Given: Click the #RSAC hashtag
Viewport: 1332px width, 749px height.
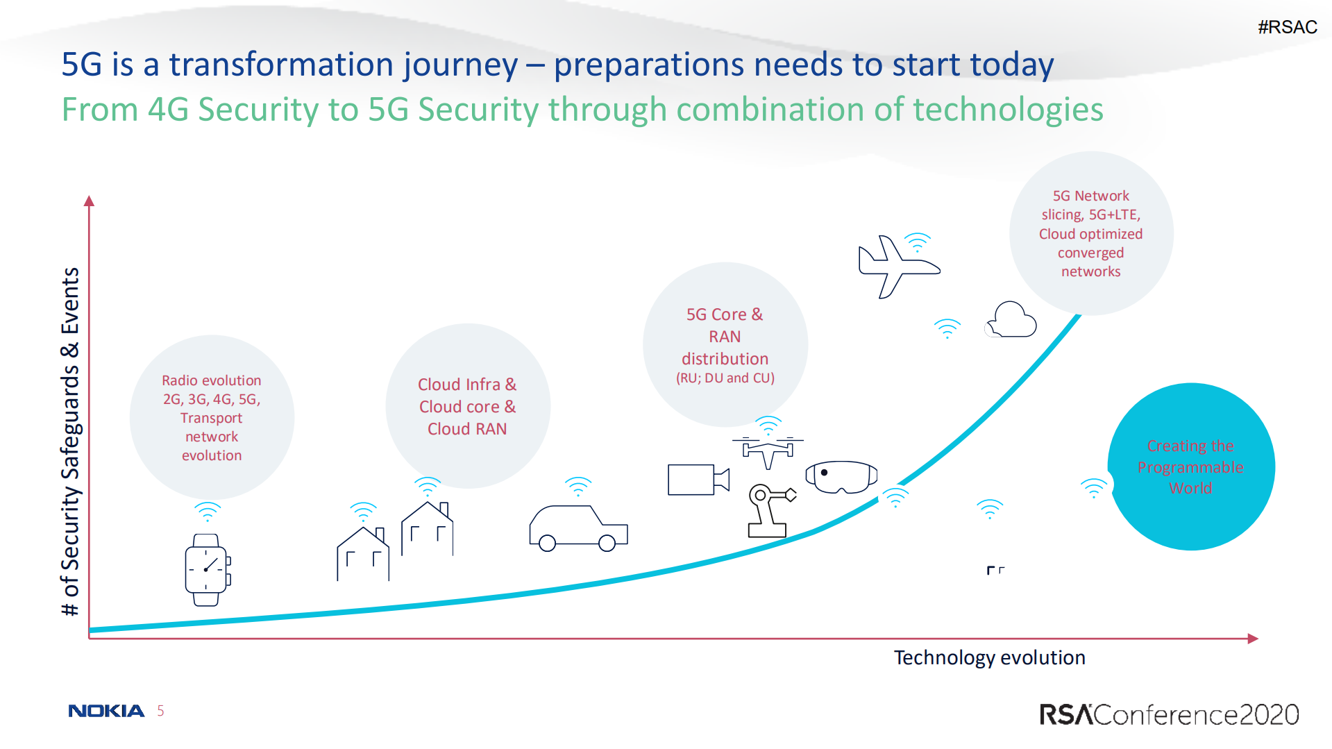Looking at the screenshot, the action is coord(1287,27).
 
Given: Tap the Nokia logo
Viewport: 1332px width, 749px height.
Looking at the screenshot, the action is coord(106,711).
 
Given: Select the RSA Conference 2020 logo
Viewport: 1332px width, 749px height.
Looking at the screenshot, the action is coord(1169,714).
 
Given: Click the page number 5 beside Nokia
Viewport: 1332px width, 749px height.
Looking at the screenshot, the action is coord(160,711).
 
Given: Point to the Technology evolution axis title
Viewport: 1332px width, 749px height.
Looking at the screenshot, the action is coord(989,657).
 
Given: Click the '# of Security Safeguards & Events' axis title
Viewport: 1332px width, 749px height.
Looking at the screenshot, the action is coord(71,441).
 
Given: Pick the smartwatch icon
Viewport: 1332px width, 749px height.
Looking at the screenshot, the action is coord(208,570).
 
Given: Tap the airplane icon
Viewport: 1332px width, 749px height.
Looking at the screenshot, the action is coord(899,267).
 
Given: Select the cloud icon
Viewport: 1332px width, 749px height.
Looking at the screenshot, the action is coord(1011,319).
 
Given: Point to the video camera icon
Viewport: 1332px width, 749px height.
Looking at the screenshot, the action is coord(698,480).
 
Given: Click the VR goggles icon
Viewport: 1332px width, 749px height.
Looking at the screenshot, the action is coord(841,477).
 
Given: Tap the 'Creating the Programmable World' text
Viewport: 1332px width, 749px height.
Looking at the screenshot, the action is coord(1190,466).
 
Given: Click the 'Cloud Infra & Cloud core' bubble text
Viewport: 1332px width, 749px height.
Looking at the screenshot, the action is coord(467,395).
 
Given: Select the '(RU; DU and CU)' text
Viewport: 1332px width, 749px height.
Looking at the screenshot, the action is coord(725,378).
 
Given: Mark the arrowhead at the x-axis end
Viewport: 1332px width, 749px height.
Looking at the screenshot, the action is coord(1253,639).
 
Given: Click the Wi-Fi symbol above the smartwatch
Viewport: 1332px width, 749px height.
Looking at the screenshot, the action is coord(208,512).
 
